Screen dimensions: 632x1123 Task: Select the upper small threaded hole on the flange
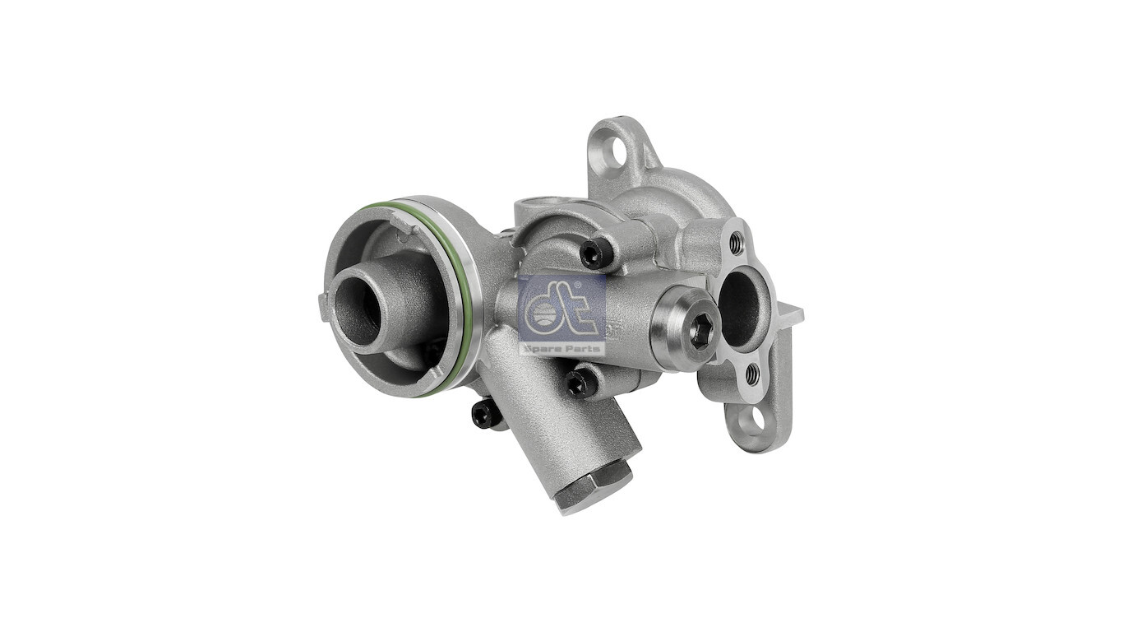click(736, 243)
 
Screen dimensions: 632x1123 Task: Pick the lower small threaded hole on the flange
click(751, 374)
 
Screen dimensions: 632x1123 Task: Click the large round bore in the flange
click(737, 308)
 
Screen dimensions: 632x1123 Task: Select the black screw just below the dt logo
click(579, 383)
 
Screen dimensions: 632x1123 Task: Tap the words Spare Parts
click(562, 348)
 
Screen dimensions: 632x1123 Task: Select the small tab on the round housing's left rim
click(322, 306)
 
